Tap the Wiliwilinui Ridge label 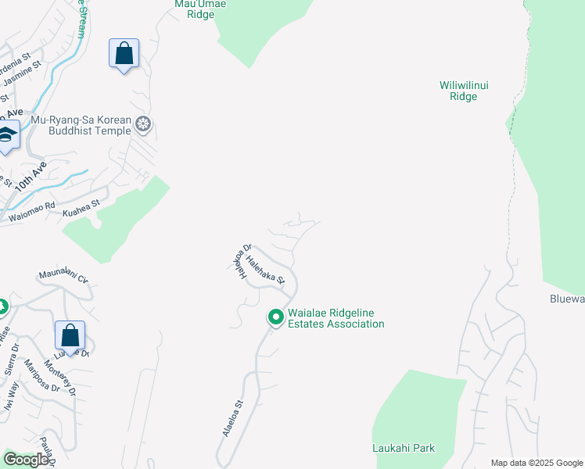click(463, 91)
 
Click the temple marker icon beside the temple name click(143, 124)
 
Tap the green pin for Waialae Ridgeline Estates click(275, 317)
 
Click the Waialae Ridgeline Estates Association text click(336, 318)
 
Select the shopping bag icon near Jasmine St click(124, 54)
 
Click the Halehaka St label click(266, 269)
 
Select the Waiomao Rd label click(32, 213)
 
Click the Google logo click(26, 460)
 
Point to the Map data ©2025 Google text click(537, 463)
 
